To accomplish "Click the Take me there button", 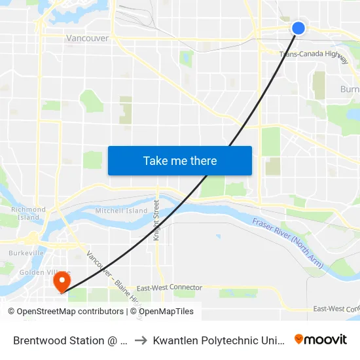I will pos(180,160).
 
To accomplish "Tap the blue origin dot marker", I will pos(298,27).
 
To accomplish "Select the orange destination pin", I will pos(62,282).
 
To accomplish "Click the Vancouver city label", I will pos(87,39).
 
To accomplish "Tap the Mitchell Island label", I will pos(121,211).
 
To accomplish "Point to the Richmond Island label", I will pos(27,213).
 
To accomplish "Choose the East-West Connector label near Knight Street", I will pos(161,288).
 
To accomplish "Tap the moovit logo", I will pos(320,339).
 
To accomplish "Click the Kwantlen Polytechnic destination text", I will pos(219,340).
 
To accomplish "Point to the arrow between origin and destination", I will pos(140,340).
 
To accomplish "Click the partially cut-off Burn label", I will pos(350,89).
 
